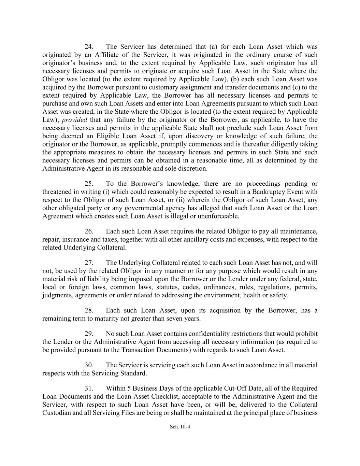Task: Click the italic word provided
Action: (74, 120)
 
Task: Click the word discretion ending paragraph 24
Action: (191, 169)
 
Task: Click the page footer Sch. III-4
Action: (180, 426)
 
